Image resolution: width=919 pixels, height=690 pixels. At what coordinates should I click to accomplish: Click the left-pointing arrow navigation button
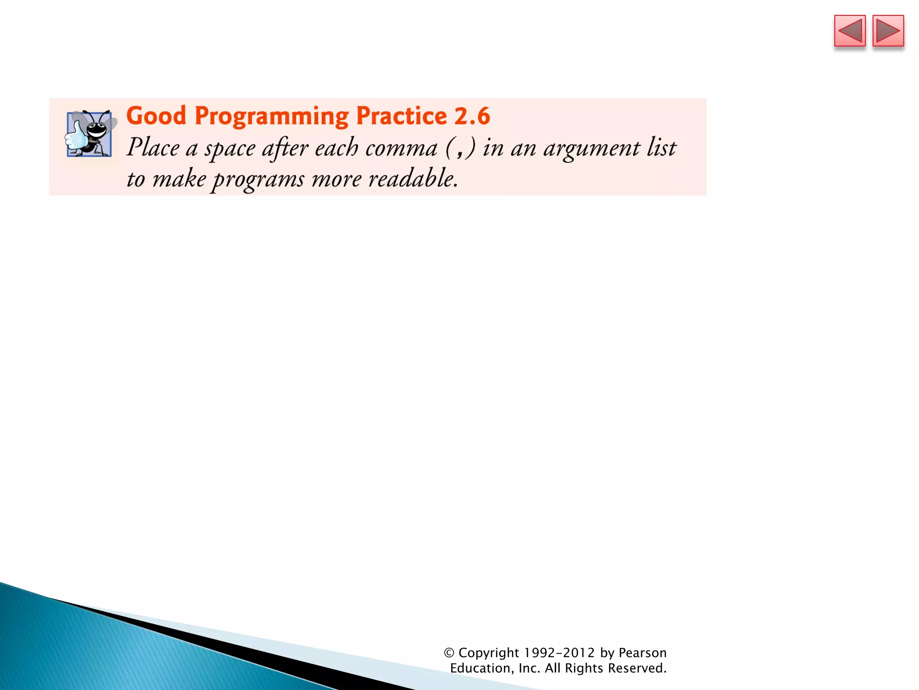point(849,31)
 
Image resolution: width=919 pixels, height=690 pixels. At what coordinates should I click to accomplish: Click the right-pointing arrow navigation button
point(888,31)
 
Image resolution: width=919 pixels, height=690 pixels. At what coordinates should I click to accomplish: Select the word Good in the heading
point(156,116)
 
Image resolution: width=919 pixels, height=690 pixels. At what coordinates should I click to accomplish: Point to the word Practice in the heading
point(402,116)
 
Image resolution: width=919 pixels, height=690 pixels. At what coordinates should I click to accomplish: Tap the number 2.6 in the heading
point(472,116)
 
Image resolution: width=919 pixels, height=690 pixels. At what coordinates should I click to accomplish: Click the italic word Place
point(153,148)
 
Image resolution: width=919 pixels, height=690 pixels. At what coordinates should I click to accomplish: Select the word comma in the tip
point(401,149)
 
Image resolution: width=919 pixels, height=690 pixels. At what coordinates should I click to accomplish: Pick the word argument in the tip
point(592,149)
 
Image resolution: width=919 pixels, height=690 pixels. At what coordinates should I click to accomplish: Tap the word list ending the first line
point(661,148)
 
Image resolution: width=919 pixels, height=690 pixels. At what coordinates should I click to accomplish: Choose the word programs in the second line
point(258,180)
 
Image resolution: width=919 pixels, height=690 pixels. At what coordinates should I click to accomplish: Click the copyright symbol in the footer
point(449,653)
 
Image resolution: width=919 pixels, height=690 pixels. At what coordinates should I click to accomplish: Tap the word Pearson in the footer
point(643,653)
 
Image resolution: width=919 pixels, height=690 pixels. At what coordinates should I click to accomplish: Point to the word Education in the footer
point(480,668)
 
